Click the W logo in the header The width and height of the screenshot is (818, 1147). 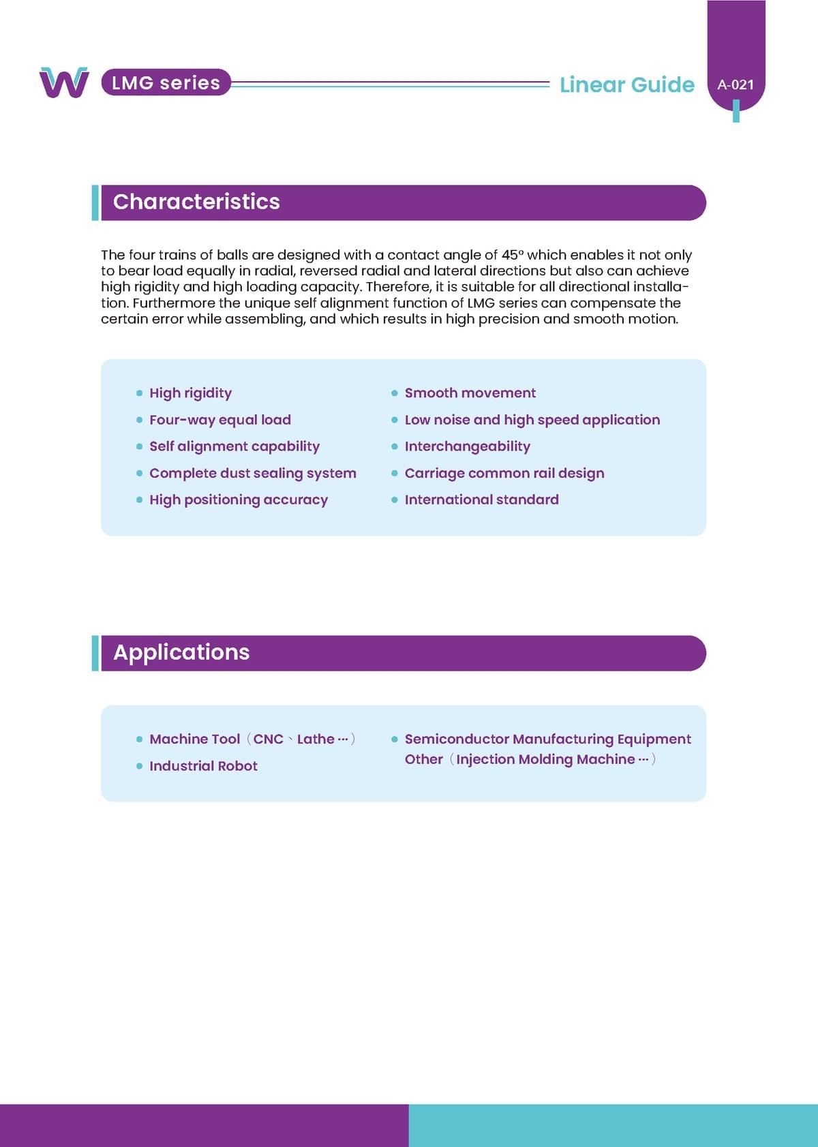tap(64, 82)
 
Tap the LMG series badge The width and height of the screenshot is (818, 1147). tap(166, 82)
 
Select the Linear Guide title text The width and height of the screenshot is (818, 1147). tap(626, 85)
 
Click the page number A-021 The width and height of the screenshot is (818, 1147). tap(736, 85)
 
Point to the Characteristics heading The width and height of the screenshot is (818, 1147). tap(196, 202)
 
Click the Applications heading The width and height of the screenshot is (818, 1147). tap(181, 652)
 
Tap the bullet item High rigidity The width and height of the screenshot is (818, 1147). tap(190, 393)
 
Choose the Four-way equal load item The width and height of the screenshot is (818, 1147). tap(219, 420)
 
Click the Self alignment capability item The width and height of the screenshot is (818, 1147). tap(234, 446)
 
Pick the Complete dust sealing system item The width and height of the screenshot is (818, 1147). tap(252, 473)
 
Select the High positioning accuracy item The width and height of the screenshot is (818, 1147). tap(238, 500)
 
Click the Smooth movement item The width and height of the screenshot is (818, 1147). tap(470, 393)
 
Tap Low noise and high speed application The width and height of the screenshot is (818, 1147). tap(532, 420)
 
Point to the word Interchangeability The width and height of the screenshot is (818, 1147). tap(467, 446)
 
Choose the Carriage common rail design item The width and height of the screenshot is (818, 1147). tap(504, 473)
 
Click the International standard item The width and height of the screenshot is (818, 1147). tap(481, 500)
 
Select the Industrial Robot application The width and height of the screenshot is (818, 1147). tap(203, 766)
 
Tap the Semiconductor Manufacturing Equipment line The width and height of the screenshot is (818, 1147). tap(547, 739)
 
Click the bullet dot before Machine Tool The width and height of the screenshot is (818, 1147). tap(140, 739)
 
